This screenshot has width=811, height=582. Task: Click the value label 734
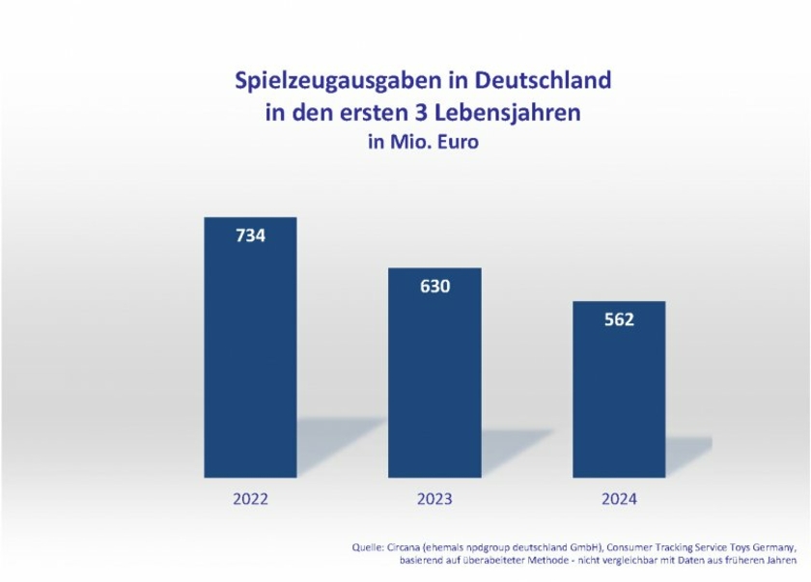pos(250,235)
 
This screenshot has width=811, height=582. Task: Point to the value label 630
pos(434,286)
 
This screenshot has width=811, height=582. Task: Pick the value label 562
pos(619,319)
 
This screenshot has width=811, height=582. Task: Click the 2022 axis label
pos(250,499)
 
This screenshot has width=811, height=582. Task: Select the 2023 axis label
pos(434,499)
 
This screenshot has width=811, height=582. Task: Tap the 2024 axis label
pos(619,499)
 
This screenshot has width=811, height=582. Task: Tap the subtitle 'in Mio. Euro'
pos(423,142)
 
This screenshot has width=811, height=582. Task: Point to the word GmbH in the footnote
pos(589,547)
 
